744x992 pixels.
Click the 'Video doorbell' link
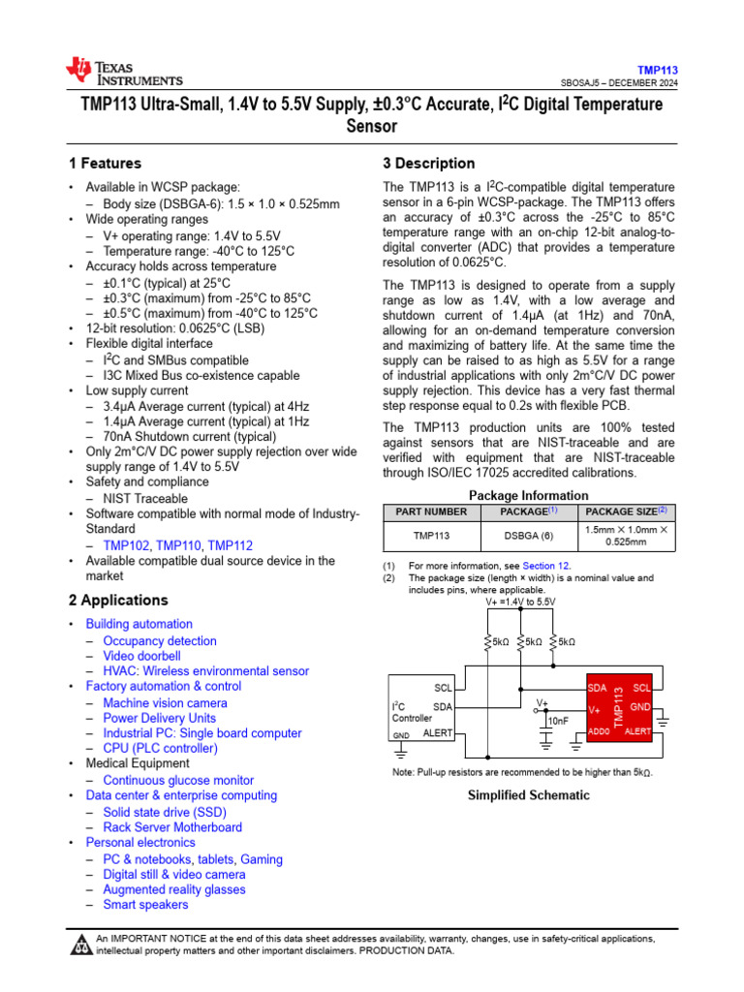[141, 656]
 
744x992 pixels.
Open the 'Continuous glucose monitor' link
[178, 780]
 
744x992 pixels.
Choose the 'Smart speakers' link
[145, 905]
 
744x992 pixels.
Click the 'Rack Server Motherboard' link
[172, 827]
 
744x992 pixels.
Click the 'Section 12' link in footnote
[546, 566]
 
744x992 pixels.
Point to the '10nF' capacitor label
[559, 721]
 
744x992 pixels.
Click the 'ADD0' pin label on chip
[599, 731]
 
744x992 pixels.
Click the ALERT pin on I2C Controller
[438, 733]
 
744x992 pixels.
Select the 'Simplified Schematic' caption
[528, 795]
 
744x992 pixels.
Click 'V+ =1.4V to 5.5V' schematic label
[520, 602]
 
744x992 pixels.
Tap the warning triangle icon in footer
[80, 944]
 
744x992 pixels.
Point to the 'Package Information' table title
[528, 495]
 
